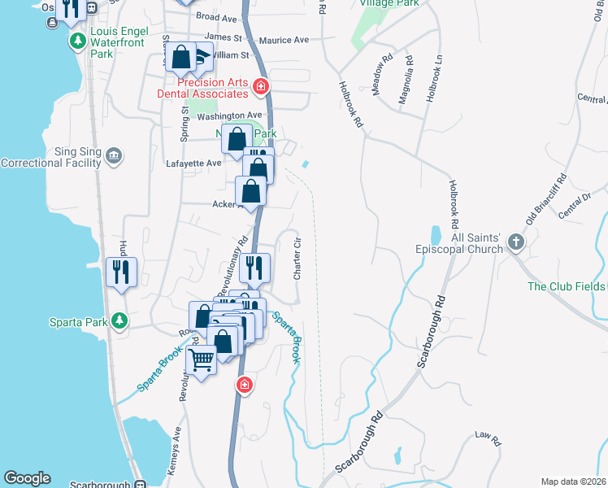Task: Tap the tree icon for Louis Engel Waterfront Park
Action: tap(78, 41)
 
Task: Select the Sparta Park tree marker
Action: tap(120, 321)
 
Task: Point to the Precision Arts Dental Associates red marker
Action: tap(261, 85)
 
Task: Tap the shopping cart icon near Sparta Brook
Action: tap(201, 359)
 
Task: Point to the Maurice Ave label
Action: tap(284, 40)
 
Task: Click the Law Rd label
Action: tap(488, 437)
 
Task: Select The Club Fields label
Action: tap(567, 286)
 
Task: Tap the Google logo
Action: tap(27, 478)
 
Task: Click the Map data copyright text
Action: tap(572, 481)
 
